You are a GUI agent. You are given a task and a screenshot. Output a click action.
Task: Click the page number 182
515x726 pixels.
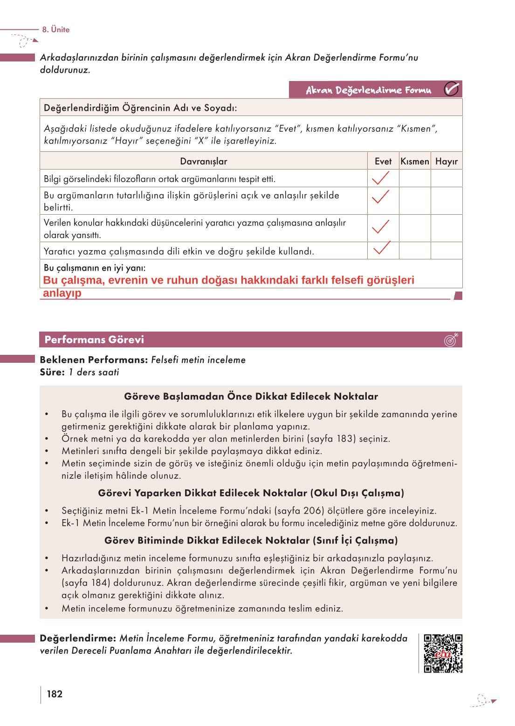55,694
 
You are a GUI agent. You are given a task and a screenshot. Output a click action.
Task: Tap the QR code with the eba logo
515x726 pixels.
443,653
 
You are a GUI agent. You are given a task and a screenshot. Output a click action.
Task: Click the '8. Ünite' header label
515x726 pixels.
55,29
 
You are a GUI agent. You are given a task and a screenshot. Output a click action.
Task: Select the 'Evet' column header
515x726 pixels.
383,161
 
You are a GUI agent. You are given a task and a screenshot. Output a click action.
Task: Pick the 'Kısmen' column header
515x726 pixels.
415,161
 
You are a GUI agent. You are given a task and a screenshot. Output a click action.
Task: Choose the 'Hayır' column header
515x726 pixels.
446,161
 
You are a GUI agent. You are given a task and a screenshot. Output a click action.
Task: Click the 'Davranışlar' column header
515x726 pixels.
204,161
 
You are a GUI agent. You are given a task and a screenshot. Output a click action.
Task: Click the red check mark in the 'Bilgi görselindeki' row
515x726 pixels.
381,178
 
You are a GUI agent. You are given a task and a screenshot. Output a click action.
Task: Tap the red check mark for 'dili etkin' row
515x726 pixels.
382,248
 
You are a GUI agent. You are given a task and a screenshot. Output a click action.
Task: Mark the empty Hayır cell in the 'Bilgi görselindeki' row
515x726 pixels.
446,178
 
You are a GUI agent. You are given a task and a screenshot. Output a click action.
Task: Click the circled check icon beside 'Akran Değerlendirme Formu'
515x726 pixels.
451,89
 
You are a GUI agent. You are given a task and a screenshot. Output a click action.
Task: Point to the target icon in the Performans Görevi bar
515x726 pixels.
451,340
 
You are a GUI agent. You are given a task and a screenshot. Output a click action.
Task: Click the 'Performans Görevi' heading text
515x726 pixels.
94,339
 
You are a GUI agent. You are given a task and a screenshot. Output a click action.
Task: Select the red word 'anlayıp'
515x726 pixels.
62,293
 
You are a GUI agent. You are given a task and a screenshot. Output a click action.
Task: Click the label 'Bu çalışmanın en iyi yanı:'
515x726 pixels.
95,268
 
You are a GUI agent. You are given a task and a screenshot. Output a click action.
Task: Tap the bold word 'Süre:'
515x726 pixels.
52,372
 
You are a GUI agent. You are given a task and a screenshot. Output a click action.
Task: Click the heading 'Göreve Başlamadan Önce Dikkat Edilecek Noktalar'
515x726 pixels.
251,396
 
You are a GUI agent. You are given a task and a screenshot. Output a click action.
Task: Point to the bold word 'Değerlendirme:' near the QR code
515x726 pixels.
78,638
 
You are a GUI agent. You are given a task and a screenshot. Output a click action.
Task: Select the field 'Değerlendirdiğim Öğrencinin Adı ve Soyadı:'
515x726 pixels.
140,108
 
